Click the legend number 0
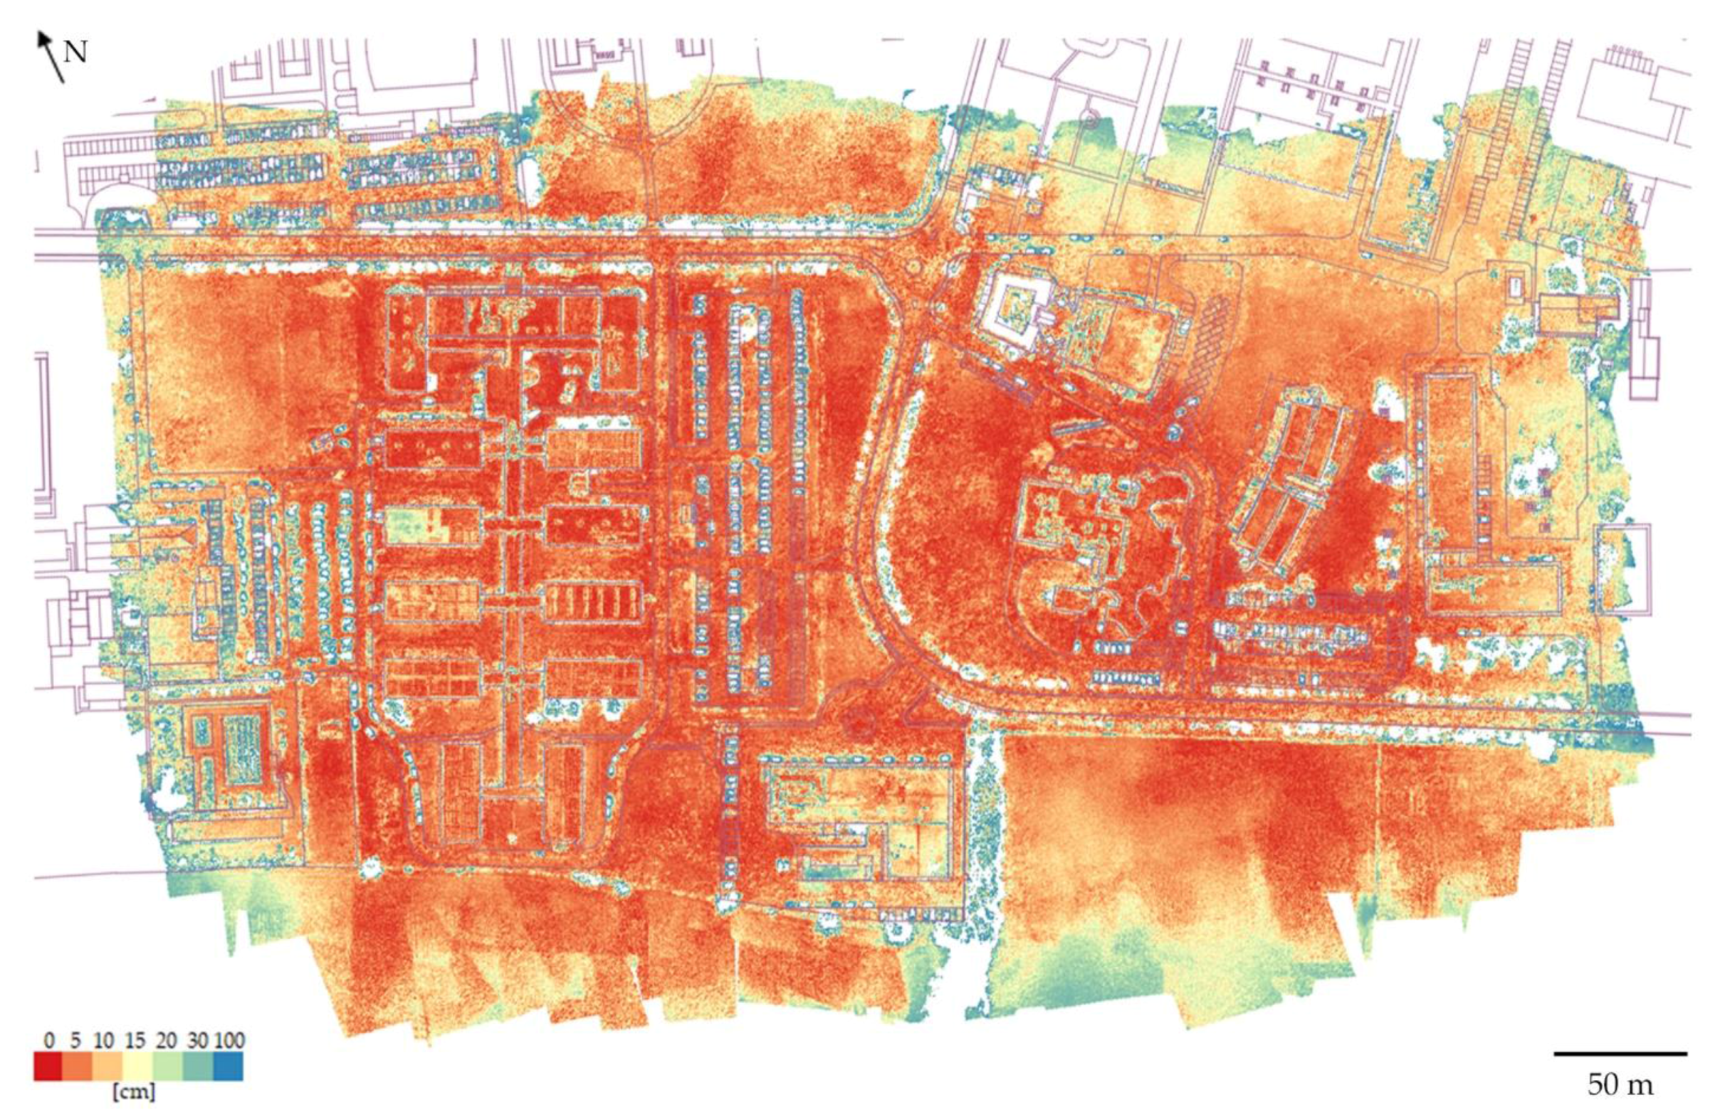tap(49, 1041)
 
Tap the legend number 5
tap(75, 1041)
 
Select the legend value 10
tap(104, 1041)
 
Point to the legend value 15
tap(135, 1041)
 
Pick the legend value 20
tap(166, 1041)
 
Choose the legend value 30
tap(197, 1041)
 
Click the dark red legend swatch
tap(48, 1066)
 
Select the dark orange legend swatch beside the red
tap(78, 1066)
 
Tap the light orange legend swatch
tap(108, 1066)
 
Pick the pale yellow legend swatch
tap(138, 1066)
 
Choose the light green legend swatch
tap(167, 1066)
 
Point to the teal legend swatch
tap(198, 1066)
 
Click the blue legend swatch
tap(229, 1066)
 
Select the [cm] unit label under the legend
tap(134, 1091)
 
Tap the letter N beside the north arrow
tap(76, 52)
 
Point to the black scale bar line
tap(1620, 1054)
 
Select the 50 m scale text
tap(1620, 1084)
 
